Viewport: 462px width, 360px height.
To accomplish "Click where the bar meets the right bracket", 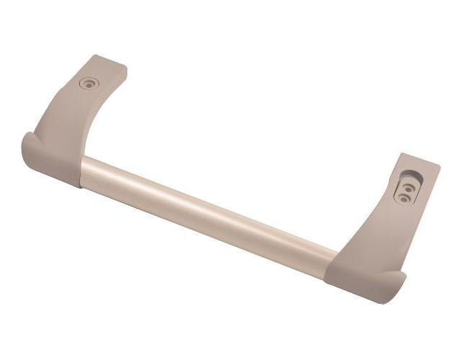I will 337,253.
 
